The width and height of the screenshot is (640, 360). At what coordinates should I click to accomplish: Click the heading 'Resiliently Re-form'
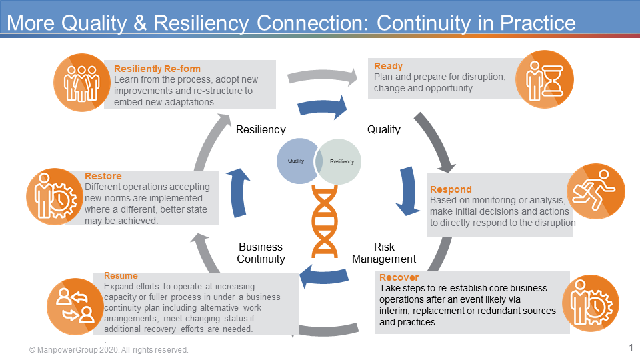[157, 69]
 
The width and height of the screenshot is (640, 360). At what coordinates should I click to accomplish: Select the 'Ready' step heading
[388, 66]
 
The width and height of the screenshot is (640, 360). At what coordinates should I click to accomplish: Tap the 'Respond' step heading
[451, 189]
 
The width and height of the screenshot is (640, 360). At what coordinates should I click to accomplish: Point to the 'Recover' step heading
[399, 277]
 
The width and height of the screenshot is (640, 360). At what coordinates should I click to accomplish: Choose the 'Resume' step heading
[121, 275]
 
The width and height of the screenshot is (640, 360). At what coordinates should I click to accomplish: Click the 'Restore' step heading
[103, 176]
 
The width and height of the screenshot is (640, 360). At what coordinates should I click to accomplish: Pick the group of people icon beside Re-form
[81, 83]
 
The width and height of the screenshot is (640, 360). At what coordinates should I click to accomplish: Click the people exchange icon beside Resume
[75, 305]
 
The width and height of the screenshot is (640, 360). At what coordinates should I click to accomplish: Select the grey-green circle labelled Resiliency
[341, 161]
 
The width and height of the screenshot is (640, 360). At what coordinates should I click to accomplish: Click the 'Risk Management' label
[384, 253]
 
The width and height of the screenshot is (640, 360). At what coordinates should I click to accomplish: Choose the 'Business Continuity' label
[261, 253]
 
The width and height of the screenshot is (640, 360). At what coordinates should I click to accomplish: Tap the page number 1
[631, 347]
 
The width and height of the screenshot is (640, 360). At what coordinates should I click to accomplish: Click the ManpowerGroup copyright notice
[109, 350]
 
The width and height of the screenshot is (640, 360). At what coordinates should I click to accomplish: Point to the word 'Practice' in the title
[533, 23]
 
